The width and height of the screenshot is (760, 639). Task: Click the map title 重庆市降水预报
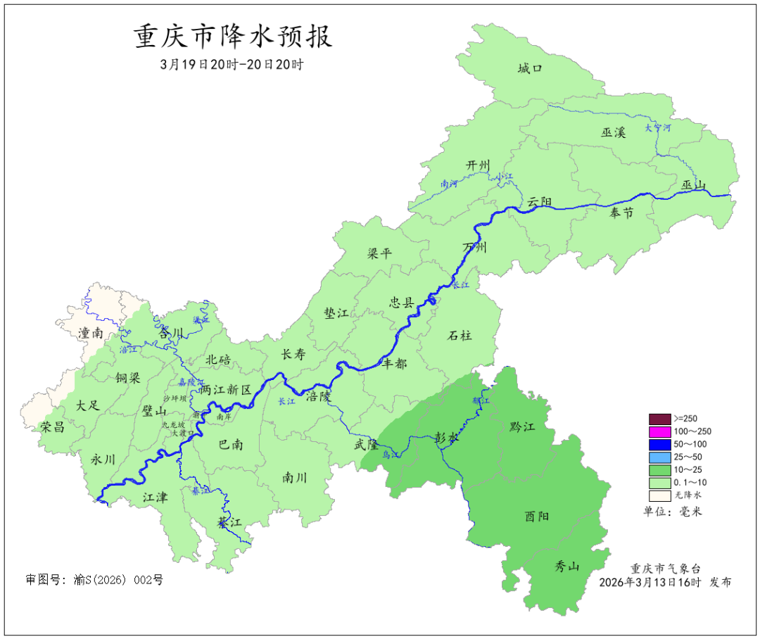tap(233, 36)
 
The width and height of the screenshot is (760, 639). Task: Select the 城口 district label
tap(531, 68)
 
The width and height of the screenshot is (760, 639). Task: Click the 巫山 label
tap(693, 185)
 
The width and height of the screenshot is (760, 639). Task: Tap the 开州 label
tap(478, 165)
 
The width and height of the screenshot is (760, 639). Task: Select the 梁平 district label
tap(379, 254)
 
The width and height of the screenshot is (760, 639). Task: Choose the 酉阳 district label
tap(537, 517)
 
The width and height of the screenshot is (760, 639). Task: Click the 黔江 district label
tap(521, 427)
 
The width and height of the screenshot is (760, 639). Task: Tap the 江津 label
tap(155, 497)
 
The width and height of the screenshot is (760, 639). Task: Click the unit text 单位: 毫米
tap(672, 511)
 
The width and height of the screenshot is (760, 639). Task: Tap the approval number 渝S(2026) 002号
tap(94, 580)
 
